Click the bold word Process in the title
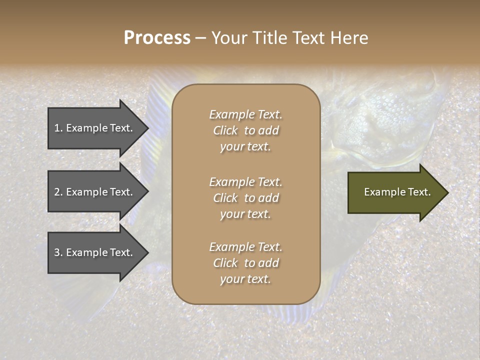pyautogui.click(x=157, y=38)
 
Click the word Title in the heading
pyautogui.click(x=268, y=38)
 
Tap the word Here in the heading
pyautogui.click(x=348, y=38)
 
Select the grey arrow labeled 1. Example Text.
pyautogui.click(x=95, y=128)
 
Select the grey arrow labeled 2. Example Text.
pyautogui.click(x=95, y=192)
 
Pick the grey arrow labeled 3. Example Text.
pyautogui.click(x=95, y=252)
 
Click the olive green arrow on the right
pyautogui.click(x=395, y=192)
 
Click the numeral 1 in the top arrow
pyautogui.click(x=57, y=128)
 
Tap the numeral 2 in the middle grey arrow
pyautogui.click(x=57, y=192)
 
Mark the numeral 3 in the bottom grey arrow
pyautogui.click(x=57, y=252)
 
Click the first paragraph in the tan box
pyautogui.click(x=245, y=130)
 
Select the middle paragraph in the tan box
pyautogui.click(x=245, y=197)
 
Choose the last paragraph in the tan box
pyautogui.click(x=245, y=263)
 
